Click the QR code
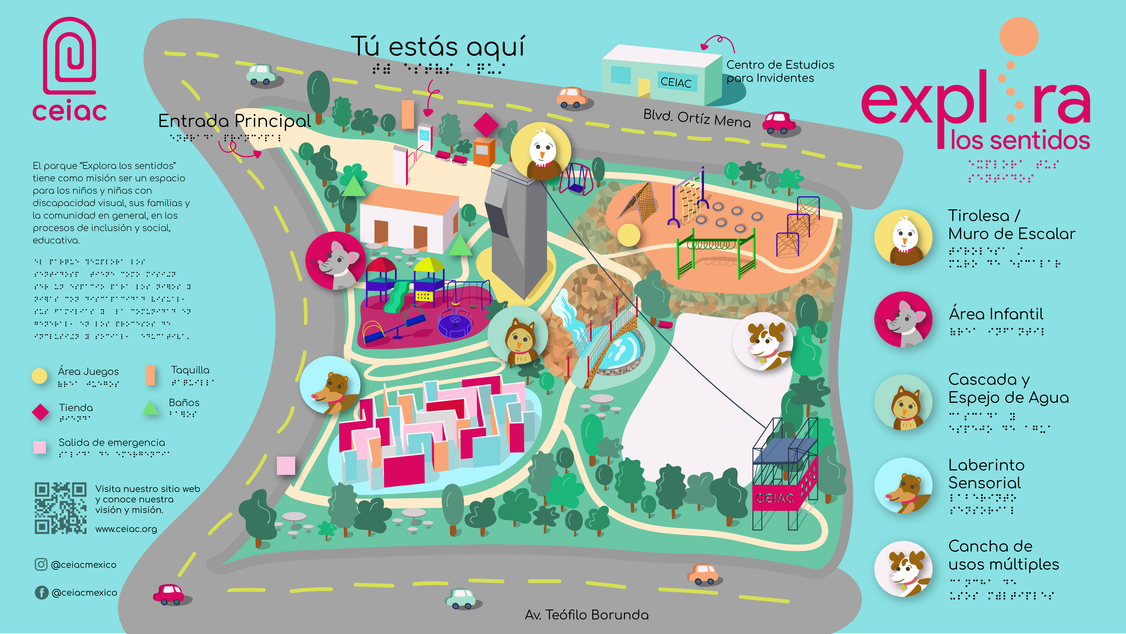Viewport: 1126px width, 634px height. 60,508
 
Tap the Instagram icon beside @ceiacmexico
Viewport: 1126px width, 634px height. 41,564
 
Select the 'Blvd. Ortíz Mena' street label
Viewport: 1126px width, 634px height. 697,118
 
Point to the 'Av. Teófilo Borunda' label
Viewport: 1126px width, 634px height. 587,615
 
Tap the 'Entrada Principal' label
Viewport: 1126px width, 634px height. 235,121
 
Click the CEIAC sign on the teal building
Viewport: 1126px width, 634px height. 676,82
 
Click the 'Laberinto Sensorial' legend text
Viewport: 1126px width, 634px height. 986,474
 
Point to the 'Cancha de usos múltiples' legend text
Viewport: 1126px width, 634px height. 1003,555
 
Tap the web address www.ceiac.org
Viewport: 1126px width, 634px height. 126,529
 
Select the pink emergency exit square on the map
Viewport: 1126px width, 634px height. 286,465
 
